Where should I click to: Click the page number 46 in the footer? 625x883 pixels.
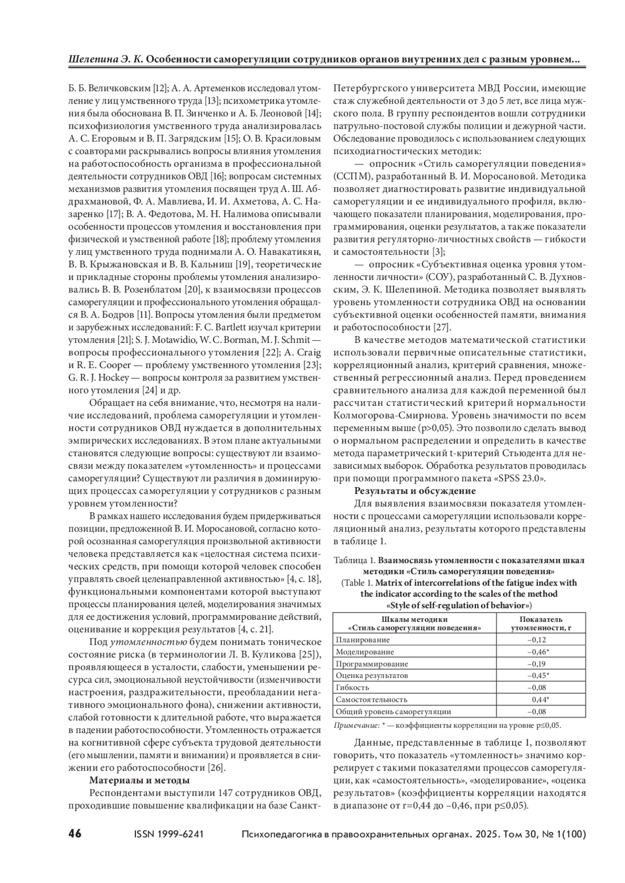click(75, 834)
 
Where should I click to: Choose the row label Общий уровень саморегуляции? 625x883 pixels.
click(393, 711)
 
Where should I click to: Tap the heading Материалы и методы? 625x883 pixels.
click(140, 780)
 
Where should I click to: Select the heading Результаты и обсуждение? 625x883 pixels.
click(415, 490)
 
